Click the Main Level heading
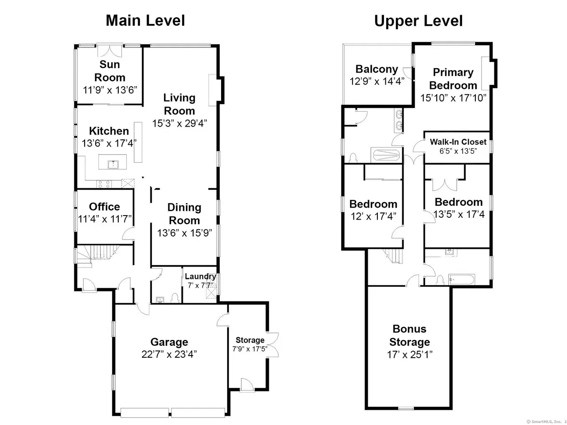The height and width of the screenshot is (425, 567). pyautogui.click(x=145, y=21)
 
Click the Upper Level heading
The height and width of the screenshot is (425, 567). pyautogui.click(x=418, y=21)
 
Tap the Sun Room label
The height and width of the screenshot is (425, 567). pyautogui.click(x=109, y=71)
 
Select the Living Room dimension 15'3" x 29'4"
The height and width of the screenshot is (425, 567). pyautogui.click(x=179, y=124)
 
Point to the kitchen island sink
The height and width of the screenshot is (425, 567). pyautogui.click(x=113, y=164)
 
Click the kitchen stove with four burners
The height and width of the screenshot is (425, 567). pyautogui.click(x=104, y=184)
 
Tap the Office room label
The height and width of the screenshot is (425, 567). pyautogui.click(x=105, y=207)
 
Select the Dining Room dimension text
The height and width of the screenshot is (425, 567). pyautogui.click(x=184, y=233)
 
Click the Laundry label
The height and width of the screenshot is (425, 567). pyautogui.click(x=200, y=276)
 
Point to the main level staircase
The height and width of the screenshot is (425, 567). pyautogui.click(x=98, y=254)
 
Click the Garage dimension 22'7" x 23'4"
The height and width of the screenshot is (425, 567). pyautogui.click(x=169, y=354)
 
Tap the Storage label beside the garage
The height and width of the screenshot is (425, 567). pyautogui.click(x=250, y=340)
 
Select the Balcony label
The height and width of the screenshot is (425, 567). pyautogui.click(x=377, y=69)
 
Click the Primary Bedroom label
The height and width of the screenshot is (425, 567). pyautogui.click(x=453, y=79)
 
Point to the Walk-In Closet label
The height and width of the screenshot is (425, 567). pyautogui.click(x=458, y=142)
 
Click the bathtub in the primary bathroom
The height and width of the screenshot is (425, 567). pyautogui.click(x=387, y=155)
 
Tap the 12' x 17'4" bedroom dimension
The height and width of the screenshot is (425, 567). pyautogui.click(x=373, y=216)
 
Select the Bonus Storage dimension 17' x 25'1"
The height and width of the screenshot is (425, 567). pyautogui.click(x=409, y=355)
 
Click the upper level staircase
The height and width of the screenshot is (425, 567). pyautogui.click(x=393, y=256)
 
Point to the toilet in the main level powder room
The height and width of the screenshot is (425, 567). pyautogui.click(x=175, y=298)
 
